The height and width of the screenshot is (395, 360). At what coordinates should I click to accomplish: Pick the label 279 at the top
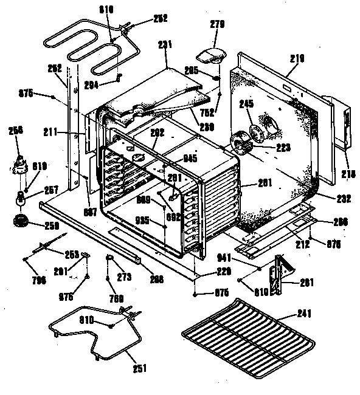[x=217, y=25]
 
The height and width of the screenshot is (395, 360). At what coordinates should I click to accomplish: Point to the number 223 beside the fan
[x=284, y=146]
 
